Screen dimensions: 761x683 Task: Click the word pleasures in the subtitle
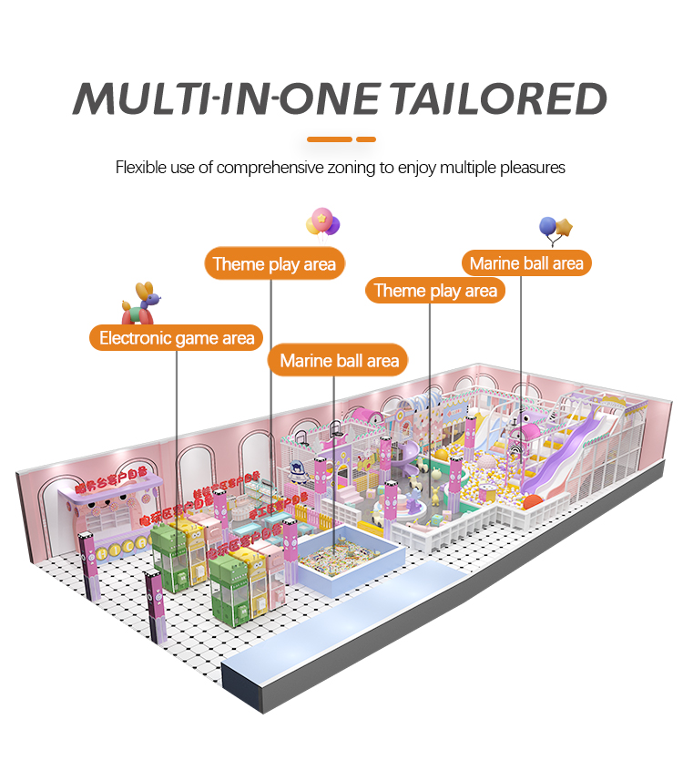(534, 168)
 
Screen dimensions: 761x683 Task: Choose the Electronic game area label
(177, 338)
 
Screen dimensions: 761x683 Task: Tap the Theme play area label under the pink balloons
(274, 265)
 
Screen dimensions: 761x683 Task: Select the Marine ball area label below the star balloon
(526, 264)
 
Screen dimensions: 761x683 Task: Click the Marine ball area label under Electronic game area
(339, 361)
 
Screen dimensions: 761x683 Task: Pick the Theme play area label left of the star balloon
(435, 291)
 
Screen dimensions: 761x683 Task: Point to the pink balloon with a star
(321, 220)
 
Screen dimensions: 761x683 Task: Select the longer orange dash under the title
(329, 139)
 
